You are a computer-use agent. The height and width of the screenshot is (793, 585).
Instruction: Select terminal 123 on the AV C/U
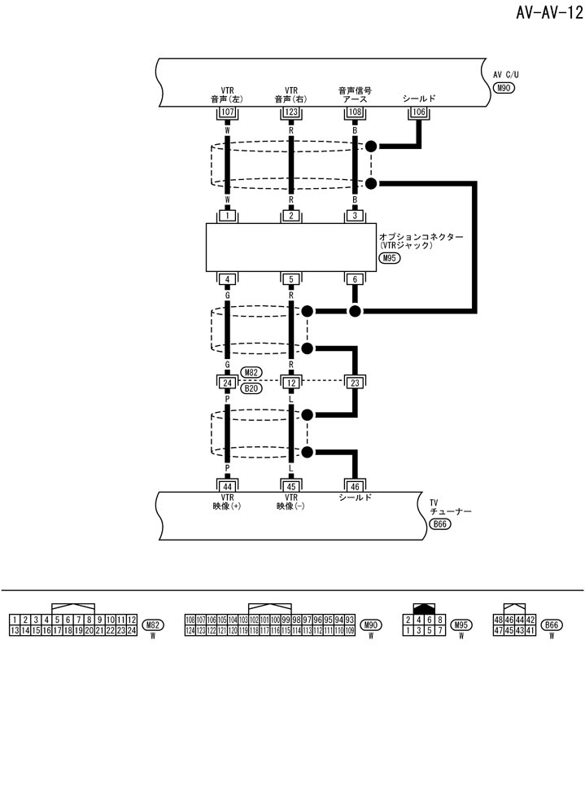[291, 112]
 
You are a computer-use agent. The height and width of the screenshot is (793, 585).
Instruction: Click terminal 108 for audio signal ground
[355, 112]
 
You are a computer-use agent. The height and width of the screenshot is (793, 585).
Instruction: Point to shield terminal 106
[419, 112]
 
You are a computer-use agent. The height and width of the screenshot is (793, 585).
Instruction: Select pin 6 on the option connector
[355, 279]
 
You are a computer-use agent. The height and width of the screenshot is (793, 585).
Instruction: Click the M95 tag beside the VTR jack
[390, 259]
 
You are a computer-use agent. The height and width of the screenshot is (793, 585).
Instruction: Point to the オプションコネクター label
[421, 236]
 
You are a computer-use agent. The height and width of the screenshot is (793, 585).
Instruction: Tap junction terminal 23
[355, 383]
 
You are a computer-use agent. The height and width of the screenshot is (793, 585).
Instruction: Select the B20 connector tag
[252, 388]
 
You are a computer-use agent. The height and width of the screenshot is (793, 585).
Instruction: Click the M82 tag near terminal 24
[252, 373]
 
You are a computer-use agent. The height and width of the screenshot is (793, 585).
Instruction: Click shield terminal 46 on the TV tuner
[355, 485]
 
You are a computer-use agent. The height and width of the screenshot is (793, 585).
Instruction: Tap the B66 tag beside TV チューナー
[439, 525]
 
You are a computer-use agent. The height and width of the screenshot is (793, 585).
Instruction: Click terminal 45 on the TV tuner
[291, 485]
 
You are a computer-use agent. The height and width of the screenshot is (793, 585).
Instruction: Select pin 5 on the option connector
[291, 279]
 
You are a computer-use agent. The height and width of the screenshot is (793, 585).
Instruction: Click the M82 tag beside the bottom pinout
[153, 625]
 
